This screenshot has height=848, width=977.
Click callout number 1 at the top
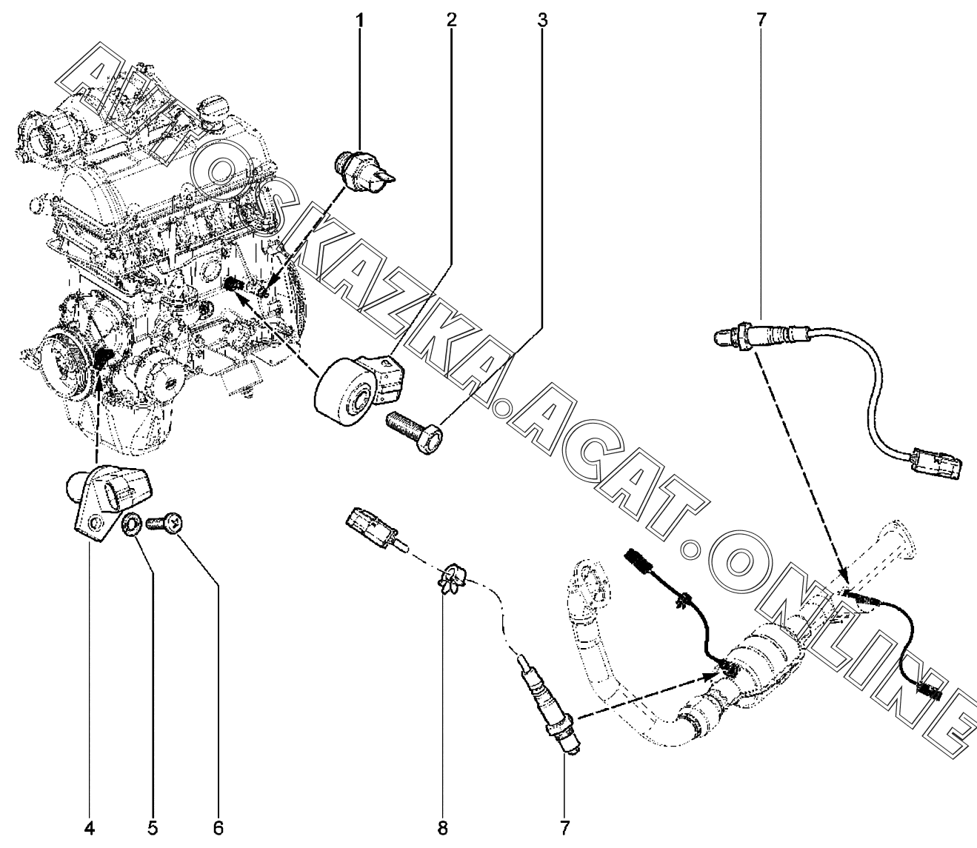(x=361, y=19)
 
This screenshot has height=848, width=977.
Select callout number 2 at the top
(x=451, y=19)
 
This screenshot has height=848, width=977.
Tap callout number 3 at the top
(x=542, y=19)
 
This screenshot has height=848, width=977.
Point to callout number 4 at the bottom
(x=89, y=827)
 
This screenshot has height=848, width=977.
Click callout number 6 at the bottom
(x=219, y=827)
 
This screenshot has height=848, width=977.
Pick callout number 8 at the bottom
(x=442, y=827)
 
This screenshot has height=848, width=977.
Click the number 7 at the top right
(x=762, y=19)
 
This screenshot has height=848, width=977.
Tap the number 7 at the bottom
(x=564, y=827)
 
